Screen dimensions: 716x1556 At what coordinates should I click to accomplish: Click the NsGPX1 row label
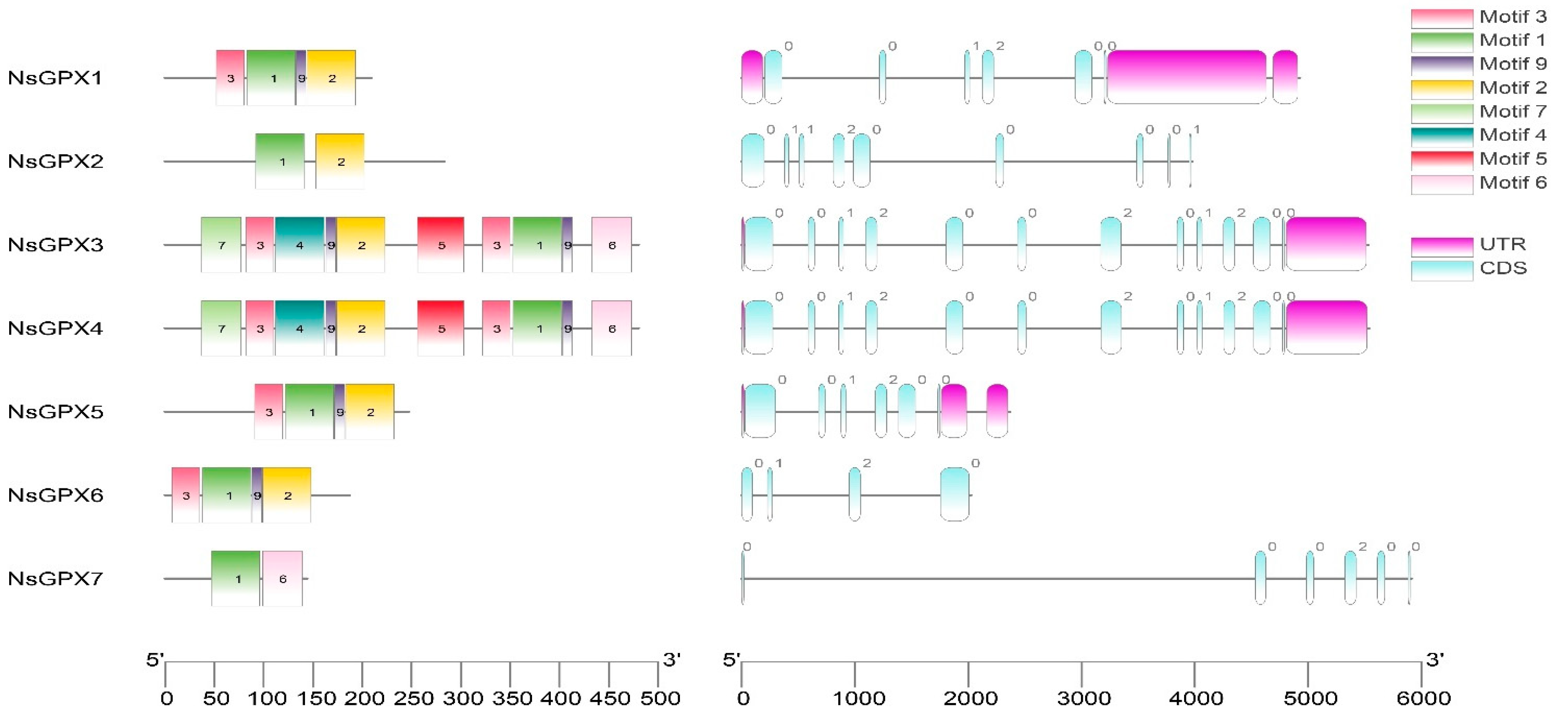coord(55,78)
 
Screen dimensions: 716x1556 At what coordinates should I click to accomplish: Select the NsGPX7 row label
coord(55,578)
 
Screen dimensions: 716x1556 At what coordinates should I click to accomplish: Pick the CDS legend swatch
coord(1441,270)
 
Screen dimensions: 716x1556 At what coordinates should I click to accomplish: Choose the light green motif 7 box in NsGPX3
coord(221,245)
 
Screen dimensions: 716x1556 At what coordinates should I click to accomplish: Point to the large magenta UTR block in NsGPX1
coord(1186,77)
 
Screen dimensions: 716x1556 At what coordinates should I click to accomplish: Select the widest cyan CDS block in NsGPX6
coord(954,494)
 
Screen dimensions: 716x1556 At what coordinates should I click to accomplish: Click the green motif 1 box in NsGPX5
coord(309,411)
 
